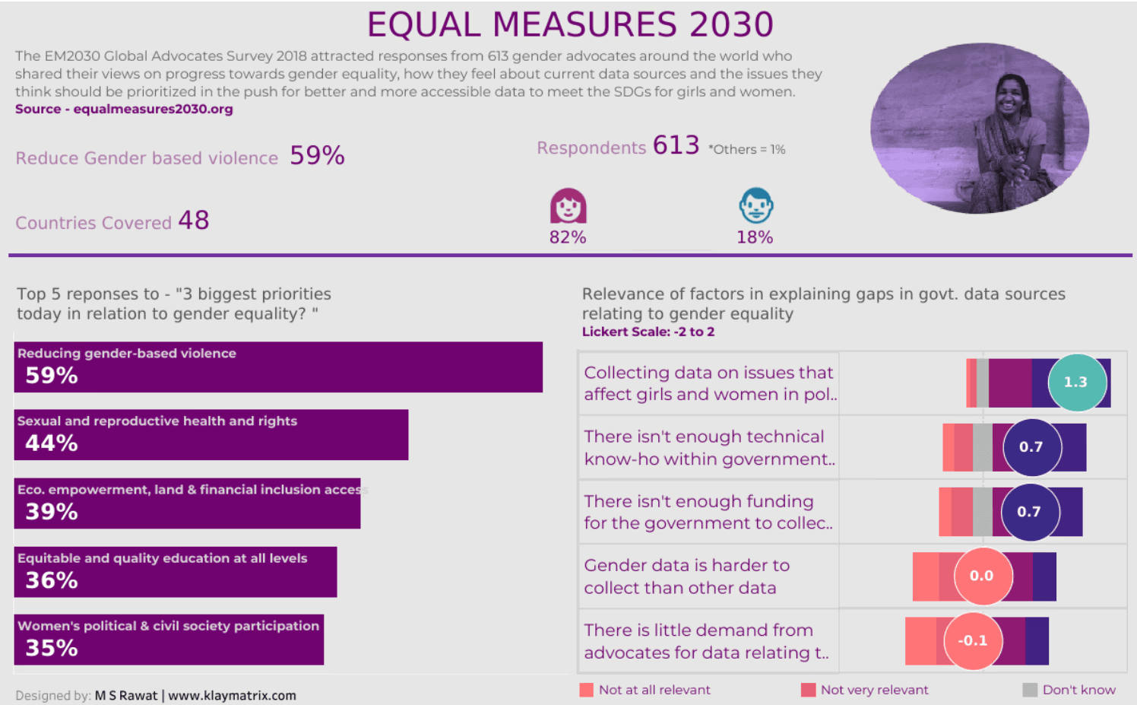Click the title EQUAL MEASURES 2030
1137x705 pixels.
pyautogui.click(x=570, y=24)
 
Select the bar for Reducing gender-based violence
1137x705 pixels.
pyautogui.click(x=278, y=367)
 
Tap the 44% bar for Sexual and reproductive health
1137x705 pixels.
pyautogui.click(x=211, y=435)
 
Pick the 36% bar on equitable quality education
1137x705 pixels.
pyautogui.click(x=175, y=572)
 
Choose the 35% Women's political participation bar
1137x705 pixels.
pyautogui.click(x=169, y=640)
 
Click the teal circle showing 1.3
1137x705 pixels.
pyautogui.click(x=1076, y=383)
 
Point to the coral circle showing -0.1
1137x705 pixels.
pyautogui.click(x=973, y=641)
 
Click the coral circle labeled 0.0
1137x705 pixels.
pyautogui.click(x=982, y=576)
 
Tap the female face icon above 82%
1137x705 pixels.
pyautogui.click(x=568, y=206)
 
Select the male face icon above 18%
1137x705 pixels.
pyautogui.click(x=755, y=205)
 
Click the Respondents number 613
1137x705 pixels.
pyautogui.click(x=676, y=145)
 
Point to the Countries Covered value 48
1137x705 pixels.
pyautogui.click(x=194, y=221)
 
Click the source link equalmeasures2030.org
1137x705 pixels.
pyautogui.click(x=153, y=109)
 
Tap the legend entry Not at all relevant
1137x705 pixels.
pyautogui.click(x=645, y=690)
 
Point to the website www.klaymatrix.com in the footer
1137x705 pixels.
pyautogui.click(x=232, y=695)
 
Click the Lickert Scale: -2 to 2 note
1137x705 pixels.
pyautogui.click(x=648, y=332)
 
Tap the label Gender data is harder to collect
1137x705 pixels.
pyautogui.click(x=686, y=576)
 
